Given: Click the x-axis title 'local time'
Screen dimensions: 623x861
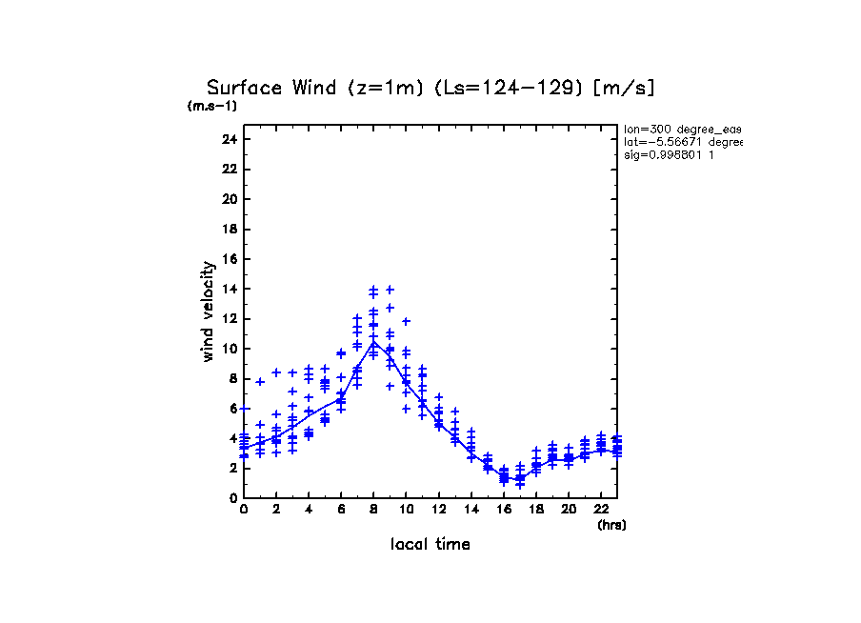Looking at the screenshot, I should pos(430,544).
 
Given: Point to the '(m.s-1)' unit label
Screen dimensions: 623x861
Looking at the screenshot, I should pos(211,106).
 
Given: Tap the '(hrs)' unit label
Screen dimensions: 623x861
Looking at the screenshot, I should pos(611,525).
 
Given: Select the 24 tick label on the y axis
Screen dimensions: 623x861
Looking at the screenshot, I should pos(229,139).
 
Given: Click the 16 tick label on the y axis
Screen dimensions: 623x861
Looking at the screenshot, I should pos(229,259).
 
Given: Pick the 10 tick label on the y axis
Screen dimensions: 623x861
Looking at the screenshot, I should pos(229,349).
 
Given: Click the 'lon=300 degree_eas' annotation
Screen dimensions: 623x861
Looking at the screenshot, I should pos(682,129).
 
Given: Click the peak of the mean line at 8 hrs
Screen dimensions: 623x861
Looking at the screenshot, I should pos(373,341).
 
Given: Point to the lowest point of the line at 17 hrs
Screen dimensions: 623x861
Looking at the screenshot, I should pos(520,479).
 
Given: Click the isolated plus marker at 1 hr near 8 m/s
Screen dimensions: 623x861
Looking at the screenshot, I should pos(260,381).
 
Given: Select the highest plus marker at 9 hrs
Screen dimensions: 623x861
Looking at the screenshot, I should pos(390,290).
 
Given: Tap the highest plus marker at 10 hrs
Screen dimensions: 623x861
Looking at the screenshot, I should pos(406,321).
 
